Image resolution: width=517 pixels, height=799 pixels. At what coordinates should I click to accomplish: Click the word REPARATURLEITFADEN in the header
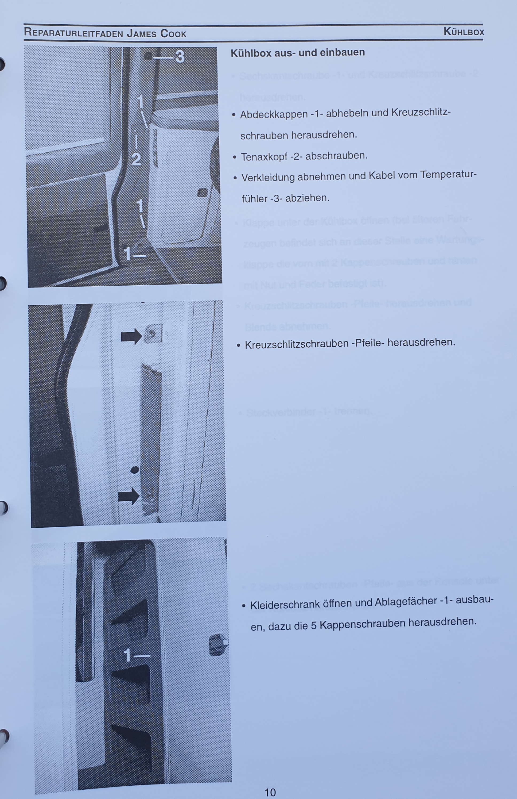click(x=74, y=33)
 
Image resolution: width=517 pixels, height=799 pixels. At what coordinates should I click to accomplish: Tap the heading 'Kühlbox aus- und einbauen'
click(x=298, y=53)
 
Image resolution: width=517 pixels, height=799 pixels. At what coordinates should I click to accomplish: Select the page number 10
click(x=270, y=792)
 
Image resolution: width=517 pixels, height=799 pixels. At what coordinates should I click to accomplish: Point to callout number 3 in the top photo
click(x=180, y=56)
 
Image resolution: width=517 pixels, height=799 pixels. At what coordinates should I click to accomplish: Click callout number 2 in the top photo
click(x=136, y=159)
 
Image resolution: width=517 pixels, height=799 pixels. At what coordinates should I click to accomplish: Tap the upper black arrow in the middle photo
click(x=131, y=336)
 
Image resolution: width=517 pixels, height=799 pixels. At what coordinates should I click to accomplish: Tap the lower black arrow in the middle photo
click(x=129, y=496)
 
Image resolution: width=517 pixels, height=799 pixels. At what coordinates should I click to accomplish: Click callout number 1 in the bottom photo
click(x=127, y=655)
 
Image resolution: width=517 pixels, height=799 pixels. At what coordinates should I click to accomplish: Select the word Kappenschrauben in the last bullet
click(x=362, y=624)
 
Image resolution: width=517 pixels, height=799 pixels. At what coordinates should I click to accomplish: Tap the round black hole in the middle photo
click(x=135, y=469)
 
